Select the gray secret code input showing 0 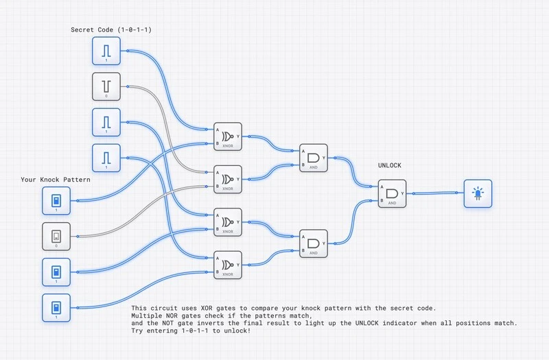coord(106,86)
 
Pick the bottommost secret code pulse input coord(106,158)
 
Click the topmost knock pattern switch coord(56,201)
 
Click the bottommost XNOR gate coord(228,265)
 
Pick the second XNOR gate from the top coord(228,179)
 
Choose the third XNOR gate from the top coord(228,222)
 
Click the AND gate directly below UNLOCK coord(392,193)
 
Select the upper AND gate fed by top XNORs coord(314,158)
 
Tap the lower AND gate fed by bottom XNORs coord(314,243)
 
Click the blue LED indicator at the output coord(478,193)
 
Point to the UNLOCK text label coord(390,166)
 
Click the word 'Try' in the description coord(138,331)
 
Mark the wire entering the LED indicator coord(439,193)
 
